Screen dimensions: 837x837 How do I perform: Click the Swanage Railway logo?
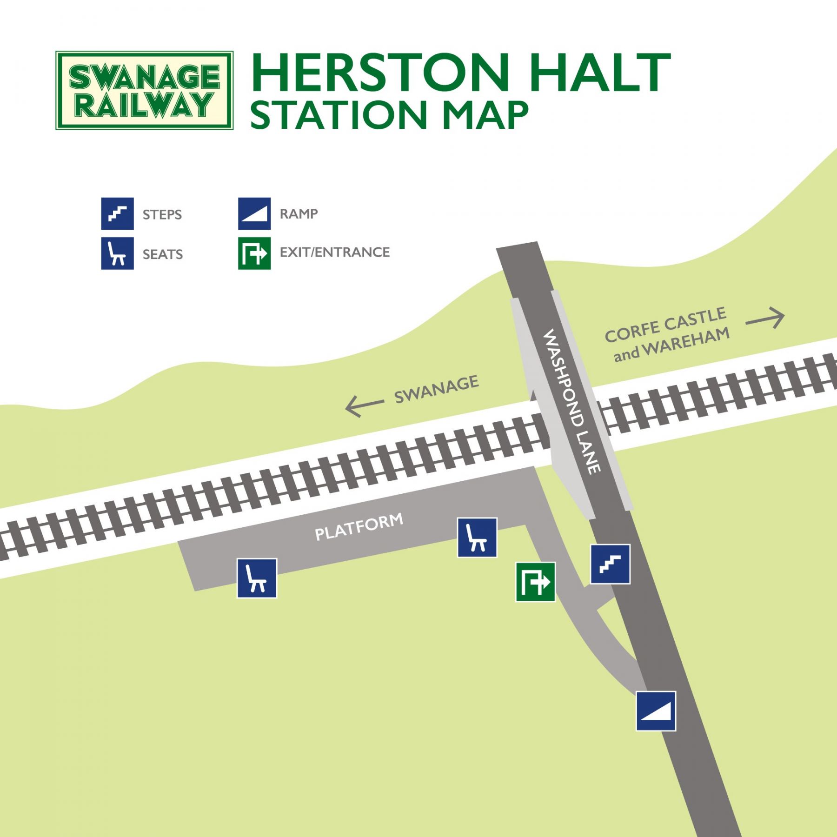point(144,90)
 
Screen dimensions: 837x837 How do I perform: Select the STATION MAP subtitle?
point(389,115)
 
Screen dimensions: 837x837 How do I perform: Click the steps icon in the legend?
point(118,214)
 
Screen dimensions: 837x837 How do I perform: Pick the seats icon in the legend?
point(118,253)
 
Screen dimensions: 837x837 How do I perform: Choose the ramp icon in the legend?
point(254,214)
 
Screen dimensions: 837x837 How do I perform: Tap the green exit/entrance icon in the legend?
point(254,253)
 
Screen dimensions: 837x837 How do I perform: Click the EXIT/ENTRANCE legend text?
point(334,252)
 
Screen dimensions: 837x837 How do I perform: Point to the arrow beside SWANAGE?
point(364,405)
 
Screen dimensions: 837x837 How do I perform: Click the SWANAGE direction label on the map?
point(436,389)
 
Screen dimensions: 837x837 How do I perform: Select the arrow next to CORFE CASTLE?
point(765,319)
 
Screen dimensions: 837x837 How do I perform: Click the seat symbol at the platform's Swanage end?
point(257,578)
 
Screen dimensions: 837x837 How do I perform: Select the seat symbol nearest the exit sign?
point(477,537)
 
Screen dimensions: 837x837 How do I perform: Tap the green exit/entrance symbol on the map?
point(536,582)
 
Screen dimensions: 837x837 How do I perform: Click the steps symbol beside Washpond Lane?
point(610,564)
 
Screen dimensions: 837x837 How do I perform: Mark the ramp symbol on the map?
point(656,711)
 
